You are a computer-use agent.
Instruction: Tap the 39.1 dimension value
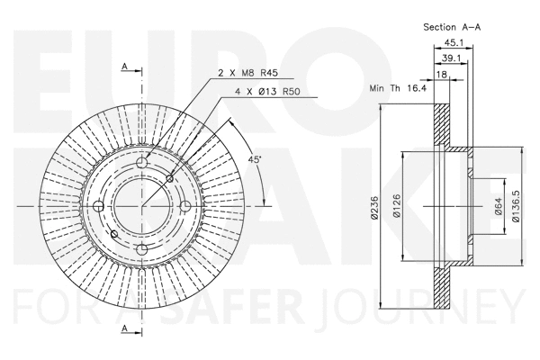[x=455, y=61]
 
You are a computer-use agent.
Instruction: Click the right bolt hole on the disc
[x=184, y=206]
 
